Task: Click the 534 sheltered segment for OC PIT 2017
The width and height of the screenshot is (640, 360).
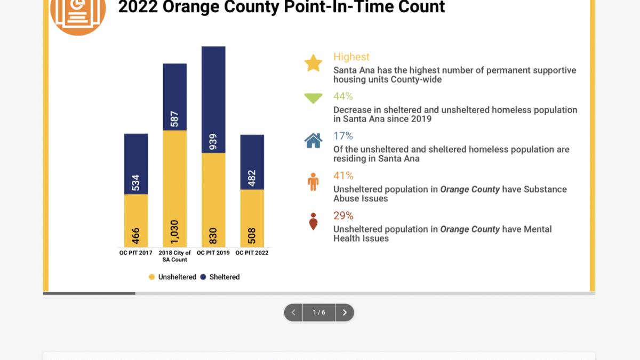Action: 136,164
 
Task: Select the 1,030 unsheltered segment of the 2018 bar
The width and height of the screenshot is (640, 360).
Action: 174,189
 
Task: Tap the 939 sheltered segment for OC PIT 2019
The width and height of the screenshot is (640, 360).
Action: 213,100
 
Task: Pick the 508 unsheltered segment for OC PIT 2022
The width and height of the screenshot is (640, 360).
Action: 252,218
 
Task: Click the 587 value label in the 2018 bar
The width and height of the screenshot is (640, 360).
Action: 174,119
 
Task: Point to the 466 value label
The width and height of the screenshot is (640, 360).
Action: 135,236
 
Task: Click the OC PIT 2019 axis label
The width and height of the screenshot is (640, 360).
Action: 213,253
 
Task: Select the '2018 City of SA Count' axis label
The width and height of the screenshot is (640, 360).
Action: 174,257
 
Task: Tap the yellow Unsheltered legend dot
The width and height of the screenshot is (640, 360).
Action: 151,277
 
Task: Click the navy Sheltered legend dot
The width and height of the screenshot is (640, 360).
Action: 203,277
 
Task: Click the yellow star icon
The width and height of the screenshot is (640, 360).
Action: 314,63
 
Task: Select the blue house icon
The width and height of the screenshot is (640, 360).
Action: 314,141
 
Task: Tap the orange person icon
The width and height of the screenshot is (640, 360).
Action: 313,182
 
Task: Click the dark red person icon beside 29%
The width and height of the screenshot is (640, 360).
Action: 314,221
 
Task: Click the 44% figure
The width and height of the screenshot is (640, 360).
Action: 343,97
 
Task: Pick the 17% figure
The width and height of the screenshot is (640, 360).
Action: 343,136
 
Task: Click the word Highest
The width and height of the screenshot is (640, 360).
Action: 351,57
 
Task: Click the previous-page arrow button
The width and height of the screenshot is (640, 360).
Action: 293,313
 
